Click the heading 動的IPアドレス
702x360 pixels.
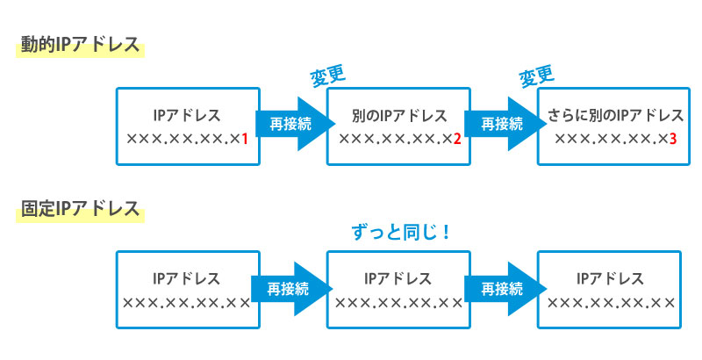click(x=79, y=45)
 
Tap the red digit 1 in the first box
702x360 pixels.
click(x=246, y=139)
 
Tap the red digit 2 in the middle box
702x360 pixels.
click(x=457, y=139)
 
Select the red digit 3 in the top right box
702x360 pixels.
click(x=671, y=139)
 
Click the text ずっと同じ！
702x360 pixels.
click(x=399, y=233)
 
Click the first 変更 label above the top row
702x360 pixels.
click(x=327, y=76)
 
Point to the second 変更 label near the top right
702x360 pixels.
click(x=538, y=76)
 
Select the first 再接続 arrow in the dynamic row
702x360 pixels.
click(x=289, y=124)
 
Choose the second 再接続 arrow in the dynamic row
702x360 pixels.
click(x=499, y=124)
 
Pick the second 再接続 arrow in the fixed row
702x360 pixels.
click(x=499, y=288)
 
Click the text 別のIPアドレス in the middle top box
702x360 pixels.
click(x=399, y=116)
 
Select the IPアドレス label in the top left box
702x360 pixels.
click(x=186, y=116)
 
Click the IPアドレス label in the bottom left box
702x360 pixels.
click(x=186, y=279)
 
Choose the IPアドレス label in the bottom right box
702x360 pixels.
click(x=611, y=279)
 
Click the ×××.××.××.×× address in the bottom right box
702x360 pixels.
click(x=611, y=303)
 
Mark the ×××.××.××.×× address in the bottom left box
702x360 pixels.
click(x=186, y=303)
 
